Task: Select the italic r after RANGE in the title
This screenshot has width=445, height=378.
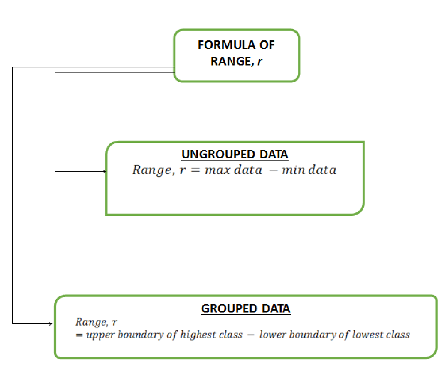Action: (x=260, y=62)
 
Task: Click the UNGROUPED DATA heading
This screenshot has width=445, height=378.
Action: (x=235, y=155)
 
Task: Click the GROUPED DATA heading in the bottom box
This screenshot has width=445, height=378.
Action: (x=246, y=309)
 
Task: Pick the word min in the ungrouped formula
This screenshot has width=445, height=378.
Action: (x=294, y=170)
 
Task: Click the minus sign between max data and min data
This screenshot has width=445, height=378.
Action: (x=273, y=171)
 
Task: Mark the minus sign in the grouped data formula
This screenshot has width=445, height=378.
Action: (x=250, y=335)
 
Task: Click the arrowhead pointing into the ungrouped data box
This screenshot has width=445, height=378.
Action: (x=105, y=172)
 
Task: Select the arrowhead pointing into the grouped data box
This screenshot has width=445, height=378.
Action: (x=50, y=324)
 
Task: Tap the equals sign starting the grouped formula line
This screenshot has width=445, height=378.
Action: (x=79, y=335)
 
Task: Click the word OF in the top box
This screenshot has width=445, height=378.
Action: (x=267, y=45)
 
